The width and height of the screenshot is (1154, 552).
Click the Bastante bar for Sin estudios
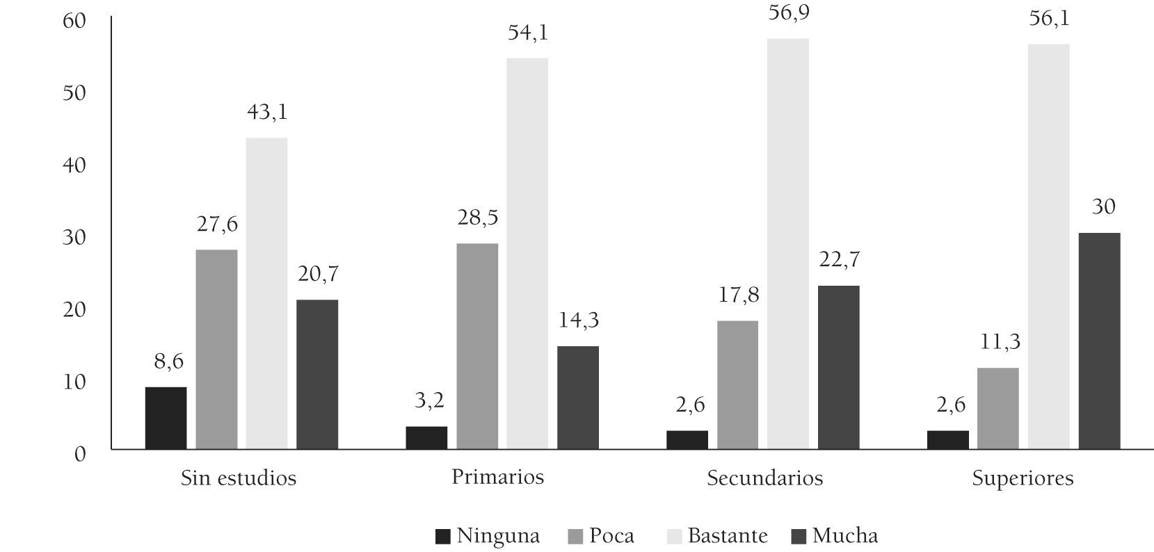(x=266, y=293)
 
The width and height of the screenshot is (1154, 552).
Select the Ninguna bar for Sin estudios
(x=166, y=418)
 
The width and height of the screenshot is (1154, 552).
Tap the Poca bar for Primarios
(x=477, y=346)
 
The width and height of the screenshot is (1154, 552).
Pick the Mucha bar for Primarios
(x=578, y=398)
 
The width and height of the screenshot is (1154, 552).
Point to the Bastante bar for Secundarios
(x=788, y=244)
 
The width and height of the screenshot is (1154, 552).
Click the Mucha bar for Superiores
(x=1099, y=341)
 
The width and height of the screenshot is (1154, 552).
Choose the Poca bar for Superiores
(x=998, y=409)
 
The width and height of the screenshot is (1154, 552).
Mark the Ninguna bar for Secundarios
(x=687, y=440)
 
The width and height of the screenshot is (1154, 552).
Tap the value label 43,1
(x=267, y=113)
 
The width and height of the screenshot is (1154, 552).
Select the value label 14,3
(x=578, y=320)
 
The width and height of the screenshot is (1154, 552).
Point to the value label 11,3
(x=998, y=343)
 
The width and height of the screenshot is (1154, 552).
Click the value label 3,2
(x=426, y=401)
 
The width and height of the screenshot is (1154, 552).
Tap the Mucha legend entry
(x=835, y=536)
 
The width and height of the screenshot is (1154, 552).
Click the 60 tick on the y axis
(x=74, y=21)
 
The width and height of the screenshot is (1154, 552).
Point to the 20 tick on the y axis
(x=74, y=309)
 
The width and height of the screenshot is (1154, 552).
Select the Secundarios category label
(x=764, y=478)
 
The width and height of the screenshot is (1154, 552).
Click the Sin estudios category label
(x=239, y=478)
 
